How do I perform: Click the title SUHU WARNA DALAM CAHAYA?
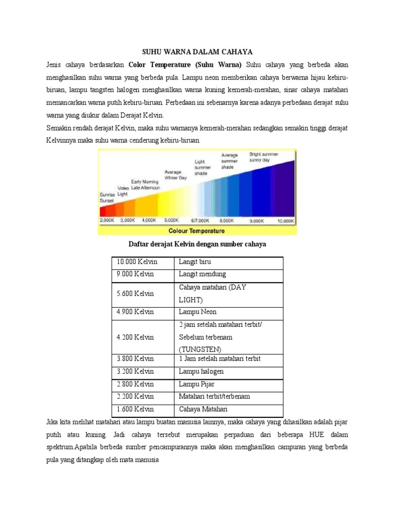[x=197, y=52]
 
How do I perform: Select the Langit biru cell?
[x=194, y=262]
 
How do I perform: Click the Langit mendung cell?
[x=202, y=274]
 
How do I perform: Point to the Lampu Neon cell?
[x=197, y=312]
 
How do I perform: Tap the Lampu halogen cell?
[x=201, y=371]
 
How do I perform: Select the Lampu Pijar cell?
[x=196, y=384]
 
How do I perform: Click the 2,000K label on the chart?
[x=107, y=220]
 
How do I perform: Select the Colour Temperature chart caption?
[x=198, y=231]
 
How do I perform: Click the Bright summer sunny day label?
[x=264, y=157]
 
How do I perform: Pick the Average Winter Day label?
[x=175, y=175]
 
